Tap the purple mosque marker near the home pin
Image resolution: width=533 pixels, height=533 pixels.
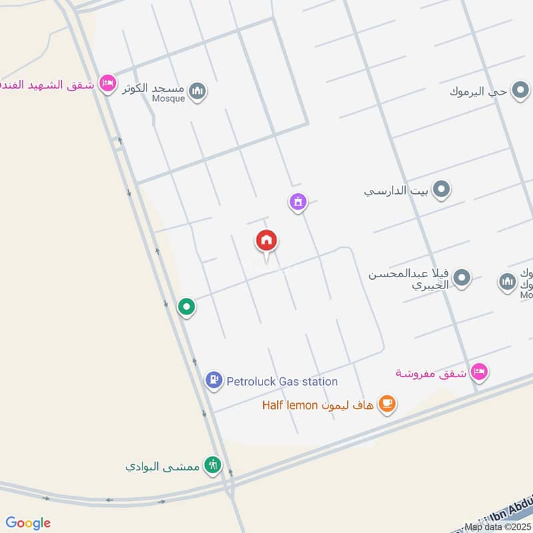coord(298,201)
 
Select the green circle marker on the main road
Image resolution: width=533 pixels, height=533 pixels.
coord(187,307)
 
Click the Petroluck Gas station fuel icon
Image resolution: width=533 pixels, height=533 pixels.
coord(213,381)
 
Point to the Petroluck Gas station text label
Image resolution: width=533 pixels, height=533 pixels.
coord(282,382)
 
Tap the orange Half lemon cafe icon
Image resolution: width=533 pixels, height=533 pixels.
coord(386,404)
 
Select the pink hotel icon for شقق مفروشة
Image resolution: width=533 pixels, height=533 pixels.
coord(479,372)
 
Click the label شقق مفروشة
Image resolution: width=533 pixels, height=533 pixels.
coord(430,372)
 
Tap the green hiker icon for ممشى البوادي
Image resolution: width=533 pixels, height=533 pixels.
coord(213,465)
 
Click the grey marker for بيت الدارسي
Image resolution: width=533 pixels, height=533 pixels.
coord(440,191)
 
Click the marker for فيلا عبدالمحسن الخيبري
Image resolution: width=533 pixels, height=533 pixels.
coord(462,278)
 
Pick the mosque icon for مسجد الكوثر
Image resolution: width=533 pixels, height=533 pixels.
coord(197,91)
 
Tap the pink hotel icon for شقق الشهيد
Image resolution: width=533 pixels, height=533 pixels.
coord(106,84)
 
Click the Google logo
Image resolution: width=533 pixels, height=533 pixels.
coord(28,523)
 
